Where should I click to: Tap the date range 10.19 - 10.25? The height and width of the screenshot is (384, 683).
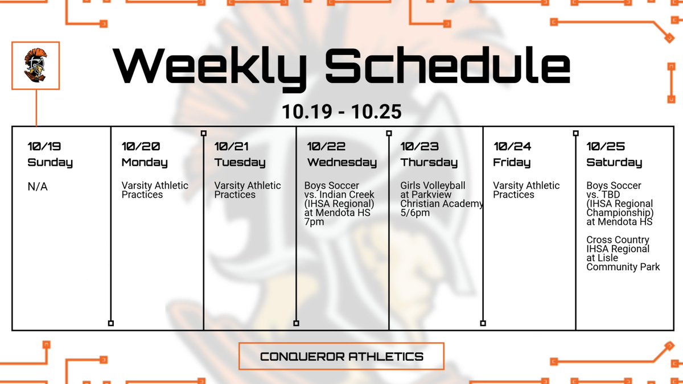[x=341, y=112]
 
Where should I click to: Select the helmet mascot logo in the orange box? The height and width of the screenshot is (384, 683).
[x=35, y=65]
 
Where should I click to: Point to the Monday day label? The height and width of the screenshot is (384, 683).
[x=145, y=163]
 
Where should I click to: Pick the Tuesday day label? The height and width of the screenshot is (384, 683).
[x=240, y=163]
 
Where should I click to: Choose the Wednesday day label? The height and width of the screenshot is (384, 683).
[x=341, y=163]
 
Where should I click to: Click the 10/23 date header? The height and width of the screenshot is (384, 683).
[x=420, y=146]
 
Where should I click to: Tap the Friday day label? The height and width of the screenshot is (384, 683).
[x=512, y=163]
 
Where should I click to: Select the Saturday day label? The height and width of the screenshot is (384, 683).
[x=614, y=163]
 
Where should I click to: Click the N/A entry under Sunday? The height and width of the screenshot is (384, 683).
[x=38, y=186]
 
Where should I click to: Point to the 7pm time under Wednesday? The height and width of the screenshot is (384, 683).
[x=314, y=222]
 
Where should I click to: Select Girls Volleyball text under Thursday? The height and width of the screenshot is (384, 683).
[x=433, y=185]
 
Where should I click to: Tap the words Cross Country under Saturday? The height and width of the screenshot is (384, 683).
[x=618, y=240]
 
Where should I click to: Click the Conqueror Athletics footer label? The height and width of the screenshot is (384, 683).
[x=341, y=357]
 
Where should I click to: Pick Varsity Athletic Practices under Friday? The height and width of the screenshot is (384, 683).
[x=526, y=190]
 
